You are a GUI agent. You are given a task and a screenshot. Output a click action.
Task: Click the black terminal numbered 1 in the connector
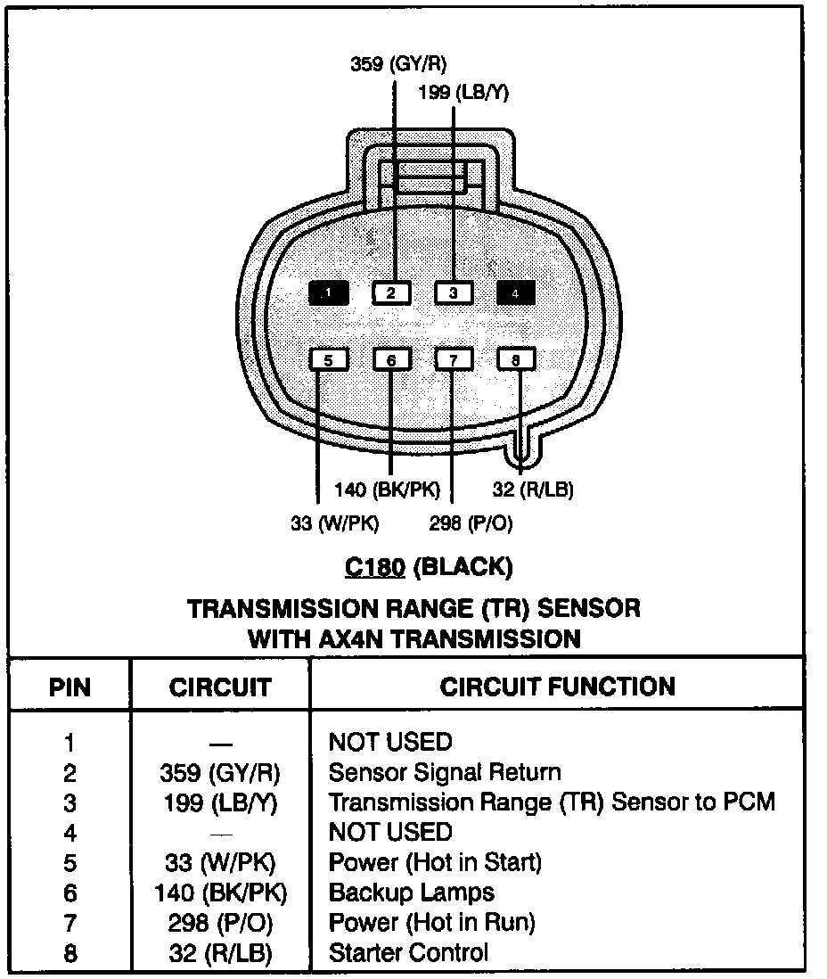pos(328,292)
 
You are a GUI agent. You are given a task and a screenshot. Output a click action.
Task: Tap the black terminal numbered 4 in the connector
pos(515,292)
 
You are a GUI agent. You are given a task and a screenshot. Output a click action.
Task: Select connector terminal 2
pos(391,292)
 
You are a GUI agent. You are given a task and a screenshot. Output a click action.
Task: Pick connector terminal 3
pos(453,292)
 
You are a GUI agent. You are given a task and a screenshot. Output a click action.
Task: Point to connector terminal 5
pos(328,359)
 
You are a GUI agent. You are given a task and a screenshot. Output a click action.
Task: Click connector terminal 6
pos(391,359)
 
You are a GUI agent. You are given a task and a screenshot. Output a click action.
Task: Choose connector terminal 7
pos(453,359)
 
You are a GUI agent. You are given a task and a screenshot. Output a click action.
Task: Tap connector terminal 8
pos(515,359)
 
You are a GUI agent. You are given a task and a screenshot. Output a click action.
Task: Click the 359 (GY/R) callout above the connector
pos(398,63)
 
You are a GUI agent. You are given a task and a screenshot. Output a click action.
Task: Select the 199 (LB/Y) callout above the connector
pos(463,93)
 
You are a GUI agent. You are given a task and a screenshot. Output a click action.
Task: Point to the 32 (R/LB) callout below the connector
pos(533,489)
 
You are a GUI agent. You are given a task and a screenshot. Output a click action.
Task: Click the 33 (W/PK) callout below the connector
pos(334,524)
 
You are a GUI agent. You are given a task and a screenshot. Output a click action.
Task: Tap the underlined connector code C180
pos(377,566)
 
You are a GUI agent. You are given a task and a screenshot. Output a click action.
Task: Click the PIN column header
pos(70,687)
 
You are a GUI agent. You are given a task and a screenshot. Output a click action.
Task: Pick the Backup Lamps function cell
pos(411,892)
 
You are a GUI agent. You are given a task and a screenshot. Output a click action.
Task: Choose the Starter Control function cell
pos(408,952)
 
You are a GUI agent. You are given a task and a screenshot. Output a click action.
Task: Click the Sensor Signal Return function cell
pos(444,772)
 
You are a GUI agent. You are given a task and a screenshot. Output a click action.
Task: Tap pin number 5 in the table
pos(70,862)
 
